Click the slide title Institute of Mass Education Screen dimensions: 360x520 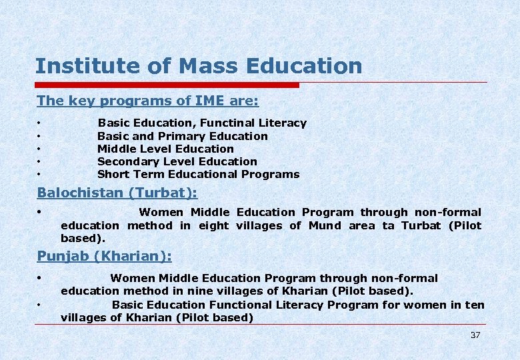coord(199,66)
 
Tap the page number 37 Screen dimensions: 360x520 coord(475,335)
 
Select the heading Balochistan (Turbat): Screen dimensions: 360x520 coord(117,193)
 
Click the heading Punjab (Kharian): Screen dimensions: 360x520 coord(104,256)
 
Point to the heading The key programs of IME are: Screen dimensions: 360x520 coord(147,101)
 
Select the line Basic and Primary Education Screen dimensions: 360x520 coord(182,136)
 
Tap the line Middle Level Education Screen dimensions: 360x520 coord(165,149)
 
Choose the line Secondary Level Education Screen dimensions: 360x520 coord(177,161)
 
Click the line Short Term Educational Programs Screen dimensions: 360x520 coord(198,174)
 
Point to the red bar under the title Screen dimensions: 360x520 coord(167,85)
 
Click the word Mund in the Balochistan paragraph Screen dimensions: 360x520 coord(325,225)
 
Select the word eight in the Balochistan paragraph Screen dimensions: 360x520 coord(213,225)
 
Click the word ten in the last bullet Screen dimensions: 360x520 coord(475,305)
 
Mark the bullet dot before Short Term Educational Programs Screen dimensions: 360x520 coord(40,175)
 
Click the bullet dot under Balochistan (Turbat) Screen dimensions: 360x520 coord(40,213)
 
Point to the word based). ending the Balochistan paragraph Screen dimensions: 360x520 coord(83,238)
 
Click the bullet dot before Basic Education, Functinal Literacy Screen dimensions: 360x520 coord(40,123)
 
